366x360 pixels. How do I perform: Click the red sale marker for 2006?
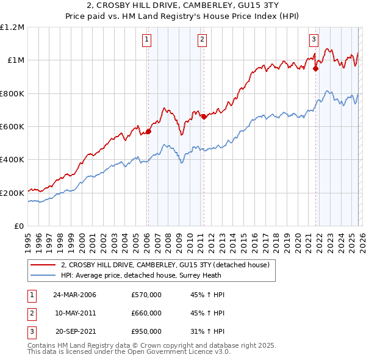[x=148, y=131]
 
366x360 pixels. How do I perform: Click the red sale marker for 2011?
[x=204, y=117]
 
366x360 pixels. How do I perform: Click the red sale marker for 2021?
[x=315, y=68]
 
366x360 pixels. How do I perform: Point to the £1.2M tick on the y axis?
[x=12, y=27]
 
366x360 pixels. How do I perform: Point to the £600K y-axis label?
[x=12, y=127]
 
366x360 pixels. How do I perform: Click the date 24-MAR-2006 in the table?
[x=74, y=295]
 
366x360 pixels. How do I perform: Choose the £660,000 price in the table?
[x=146, y=313]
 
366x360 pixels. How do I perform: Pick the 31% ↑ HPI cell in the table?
[x=207, y=331]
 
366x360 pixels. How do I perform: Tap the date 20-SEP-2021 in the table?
[x=74, y=331]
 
